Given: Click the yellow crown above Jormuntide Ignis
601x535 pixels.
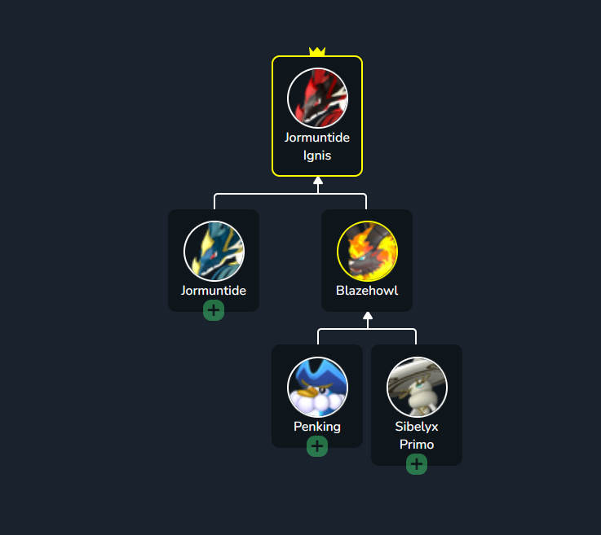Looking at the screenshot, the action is (x=317, y=51).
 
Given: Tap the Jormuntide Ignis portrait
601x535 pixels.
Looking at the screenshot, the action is (x=317, y=98).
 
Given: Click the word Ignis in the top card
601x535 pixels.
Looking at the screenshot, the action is (x=317, y=156).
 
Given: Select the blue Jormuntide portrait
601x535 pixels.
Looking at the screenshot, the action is (x=214, y=251).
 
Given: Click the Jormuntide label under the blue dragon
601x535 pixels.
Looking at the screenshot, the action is (x=214, y=291).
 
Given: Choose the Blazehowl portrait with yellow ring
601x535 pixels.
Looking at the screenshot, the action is (x=367, y=251).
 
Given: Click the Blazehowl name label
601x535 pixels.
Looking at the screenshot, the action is (x=367, y=291).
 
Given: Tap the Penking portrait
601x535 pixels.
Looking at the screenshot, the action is (x=317, y=387).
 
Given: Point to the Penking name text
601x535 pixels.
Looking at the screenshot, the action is (x=317, y=427).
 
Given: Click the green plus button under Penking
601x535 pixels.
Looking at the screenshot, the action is (x=317, y=446).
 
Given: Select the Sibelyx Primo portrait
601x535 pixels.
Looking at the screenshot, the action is (x=417, y=387).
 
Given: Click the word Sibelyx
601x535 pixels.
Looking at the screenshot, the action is (x=417, y=427).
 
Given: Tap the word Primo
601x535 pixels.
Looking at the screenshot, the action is (x=417, y=445).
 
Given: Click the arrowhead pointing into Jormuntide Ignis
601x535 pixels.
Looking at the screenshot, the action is (x=318, y=181).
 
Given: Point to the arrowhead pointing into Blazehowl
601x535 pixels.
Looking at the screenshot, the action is (x=368, y=316).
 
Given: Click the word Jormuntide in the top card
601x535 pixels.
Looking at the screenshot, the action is (x=317, y=138).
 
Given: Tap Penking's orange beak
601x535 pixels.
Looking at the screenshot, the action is (x=308, y=392).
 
